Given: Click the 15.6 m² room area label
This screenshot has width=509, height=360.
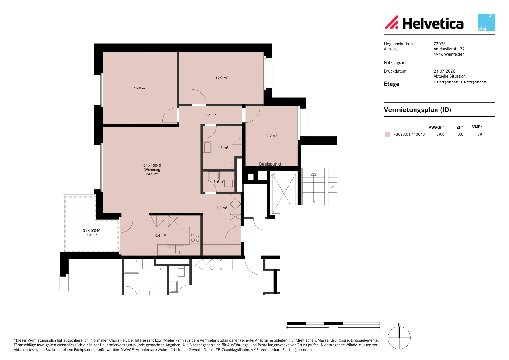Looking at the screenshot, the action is (140, 88).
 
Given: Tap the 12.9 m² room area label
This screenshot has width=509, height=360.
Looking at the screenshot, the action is (221, 78).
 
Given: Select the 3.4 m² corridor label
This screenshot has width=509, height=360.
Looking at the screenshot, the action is (210, 115).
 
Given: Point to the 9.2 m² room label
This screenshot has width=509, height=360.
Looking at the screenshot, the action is (272, 136).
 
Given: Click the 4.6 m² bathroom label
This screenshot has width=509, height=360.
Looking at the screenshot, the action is (222, 148).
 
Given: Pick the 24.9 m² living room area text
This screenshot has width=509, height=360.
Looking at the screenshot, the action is (152, 174).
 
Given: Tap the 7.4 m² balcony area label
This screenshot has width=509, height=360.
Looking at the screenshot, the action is (91, 235).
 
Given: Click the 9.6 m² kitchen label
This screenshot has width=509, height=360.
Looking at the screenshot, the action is (160, 236).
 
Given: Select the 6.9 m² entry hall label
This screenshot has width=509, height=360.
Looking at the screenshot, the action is (221, 208).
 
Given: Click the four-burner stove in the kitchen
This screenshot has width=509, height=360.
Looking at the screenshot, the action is (195, 237).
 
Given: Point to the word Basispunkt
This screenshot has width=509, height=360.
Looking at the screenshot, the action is (270, 164).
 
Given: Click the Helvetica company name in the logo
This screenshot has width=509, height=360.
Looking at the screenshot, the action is (433, 24).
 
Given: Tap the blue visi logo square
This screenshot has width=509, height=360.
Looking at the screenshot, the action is (486, 22).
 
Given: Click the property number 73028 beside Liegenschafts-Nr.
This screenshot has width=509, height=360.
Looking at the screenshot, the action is (439, 44).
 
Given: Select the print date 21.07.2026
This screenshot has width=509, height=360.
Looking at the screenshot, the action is (444, 71).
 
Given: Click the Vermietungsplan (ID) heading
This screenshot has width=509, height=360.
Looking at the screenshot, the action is (417, 110).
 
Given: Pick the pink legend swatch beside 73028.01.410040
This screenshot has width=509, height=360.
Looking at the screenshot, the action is (387, 134).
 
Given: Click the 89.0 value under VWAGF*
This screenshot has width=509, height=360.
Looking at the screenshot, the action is (440, 134).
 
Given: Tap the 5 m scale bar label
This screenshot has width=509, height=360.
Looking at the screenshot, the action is (333, 327).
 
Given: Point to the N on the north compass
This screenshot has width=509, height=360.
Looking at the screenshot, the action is (399, 325).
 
